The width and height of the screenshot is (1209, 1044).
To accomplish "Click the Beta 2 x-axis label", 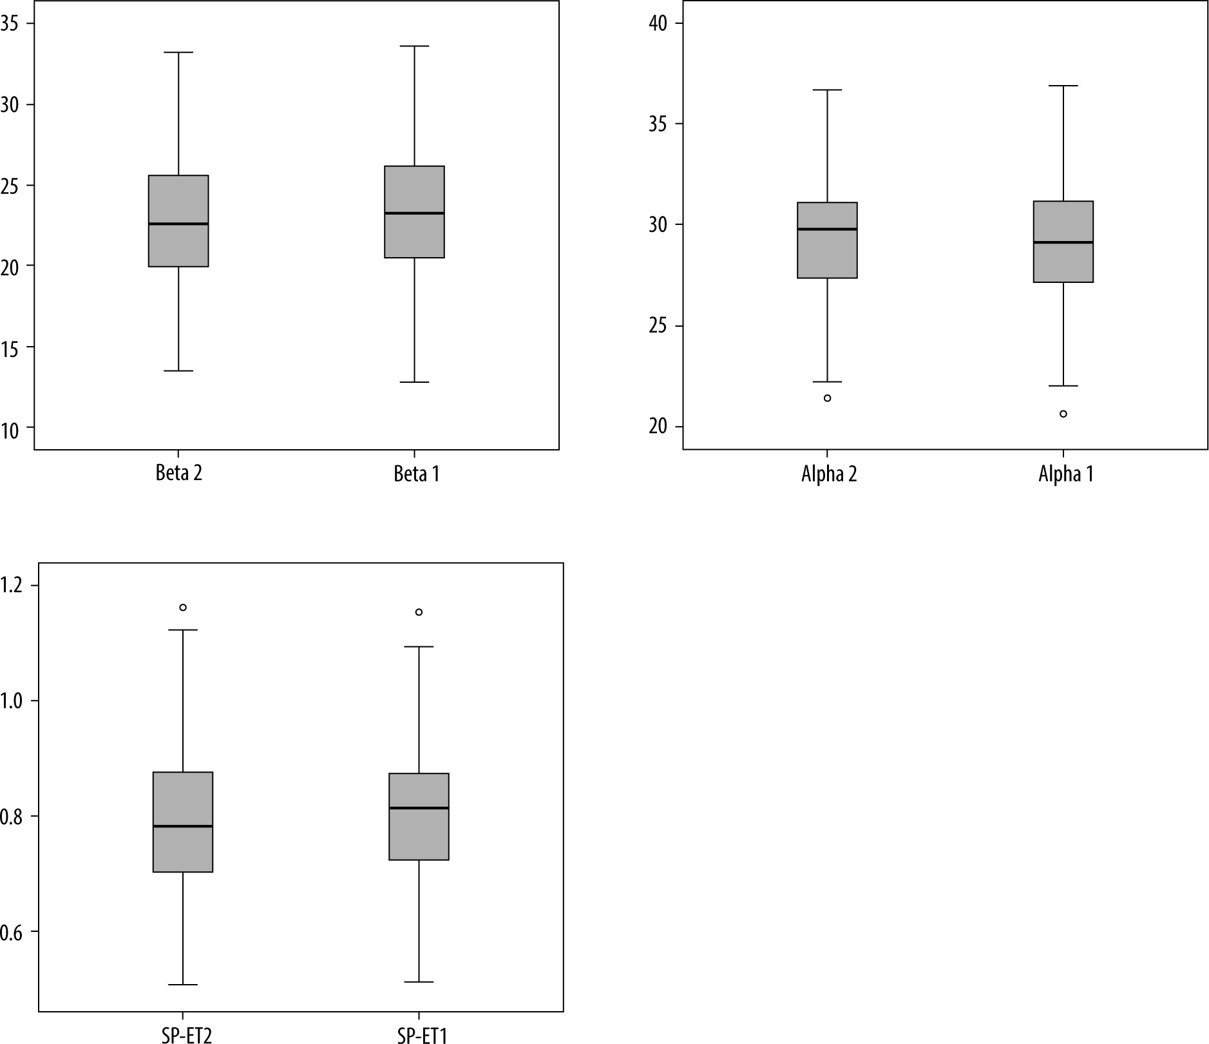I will (178, 474).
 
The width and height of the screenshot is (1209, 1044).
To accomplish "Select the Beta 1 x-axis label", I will (416, 474).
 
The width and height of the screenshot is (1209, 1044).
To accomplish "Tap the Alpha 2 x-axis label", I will (829, 474).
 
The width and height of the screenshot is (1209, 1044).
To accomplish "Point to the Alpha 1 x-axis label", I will (1065, 474).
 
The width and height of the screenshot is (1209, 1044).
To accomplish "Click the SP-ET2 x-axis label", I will (187, 1035).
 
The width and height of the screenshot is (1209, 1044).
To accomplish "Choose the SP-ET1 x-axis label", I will (422, 1035).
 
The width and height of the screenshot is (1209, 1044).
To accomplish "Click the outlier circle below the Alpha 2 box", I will (827, 398).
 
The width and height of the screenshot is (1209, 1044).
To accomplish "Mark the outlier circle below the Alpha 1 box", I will (1063, 414).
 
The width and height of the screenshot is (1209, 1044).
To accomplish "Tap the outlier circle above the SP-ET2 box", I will (183, 607).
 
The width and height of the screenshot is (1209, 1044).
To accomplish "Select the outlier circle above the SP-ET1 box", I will (419, 612).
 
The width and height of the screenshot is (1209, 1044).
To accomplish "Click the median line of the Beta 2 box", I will (178, 224).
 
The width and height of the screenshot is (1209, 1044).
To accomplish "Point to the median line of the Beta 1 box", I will (414, 213).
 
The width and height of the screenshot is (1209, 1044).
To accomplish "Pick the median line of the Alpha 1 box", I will (1063, 242).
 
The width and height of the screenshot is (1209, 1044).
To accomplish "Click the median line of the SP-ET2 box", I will (183, 826).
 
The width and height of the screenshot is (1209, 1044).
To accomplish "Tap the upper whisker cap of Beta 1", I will (414, 46).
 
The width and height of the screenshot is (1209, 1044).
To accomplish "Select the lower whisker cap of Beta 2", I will (178, 371).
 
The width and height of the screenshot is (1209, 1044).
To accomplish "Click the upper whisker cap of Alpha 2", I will (827, 90).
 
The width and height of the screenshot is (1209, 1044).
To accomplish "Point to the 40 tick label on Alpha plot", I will (658, 23).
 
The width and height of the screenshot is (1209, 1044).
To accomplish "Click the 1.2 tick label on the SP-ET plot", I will (11, 586).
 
